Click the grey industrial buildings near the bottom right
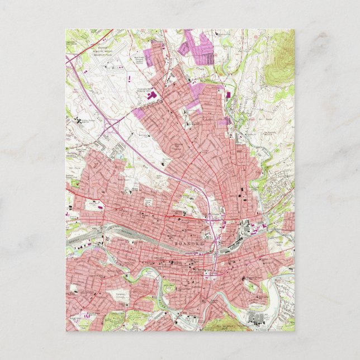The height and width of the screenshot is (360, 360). coord(257,319)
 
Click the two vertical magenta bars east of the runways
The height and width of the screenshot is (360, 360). coord(130,81)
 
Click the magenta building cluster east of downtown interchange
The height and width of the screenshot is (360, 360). coord(254,226)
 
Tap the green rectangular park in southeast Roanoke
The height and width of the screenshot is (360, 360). coord(251,288)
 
